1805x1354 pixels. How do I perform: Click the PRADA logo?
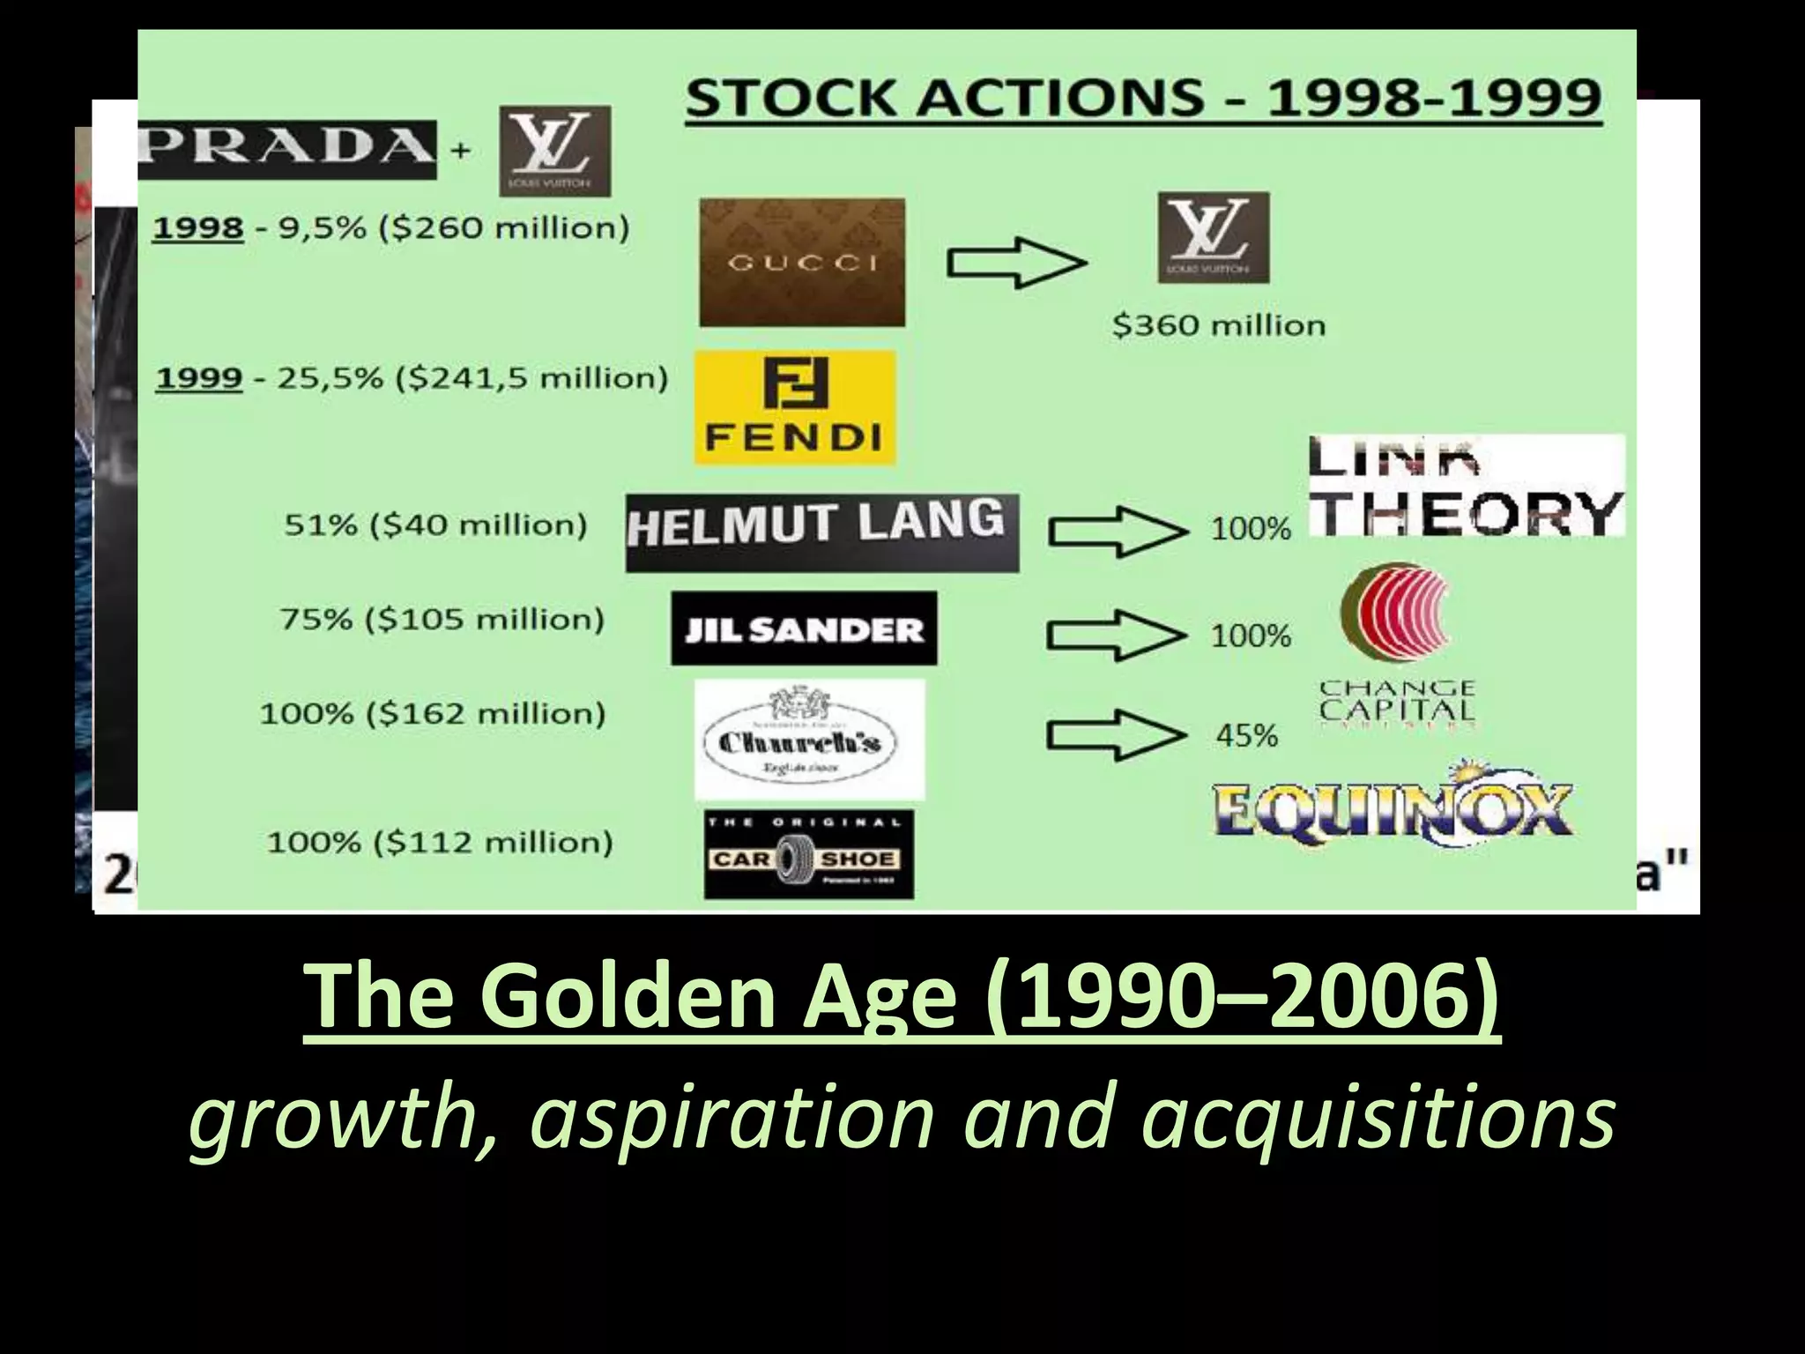286,149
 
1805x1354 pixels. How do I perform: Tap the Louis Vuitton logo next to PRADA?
554,151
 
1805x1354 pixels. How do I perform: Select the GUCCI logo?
802,262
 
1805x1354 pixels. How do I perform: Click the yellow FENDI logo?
795,407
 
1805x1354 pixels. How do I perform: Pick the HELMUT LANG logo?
821,532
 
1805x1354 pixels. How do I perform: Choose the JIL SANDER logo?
804,629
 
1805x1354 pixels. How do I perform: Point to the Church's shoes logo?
809,740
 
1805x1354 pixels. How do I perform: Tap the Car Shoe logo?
808,854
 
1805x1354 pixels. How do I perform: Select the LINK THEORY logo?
1466,487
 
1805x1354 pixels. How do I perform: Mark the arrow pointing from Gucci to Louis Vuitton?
1016,262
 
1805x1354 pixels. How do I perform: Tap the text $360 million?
1218,325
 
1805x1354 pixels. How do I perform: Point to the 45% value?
1247,735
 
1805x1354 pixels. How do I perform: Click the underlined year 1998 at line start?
198,228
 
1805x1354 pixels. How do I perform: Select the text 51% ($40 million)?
435,525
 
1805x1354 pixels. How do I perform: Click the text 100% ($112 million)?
440,843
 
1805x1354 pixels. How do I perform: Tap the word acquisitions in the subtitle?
1378,1117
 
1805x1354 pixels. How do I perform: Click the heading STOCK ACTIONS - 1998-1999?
1143,98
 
